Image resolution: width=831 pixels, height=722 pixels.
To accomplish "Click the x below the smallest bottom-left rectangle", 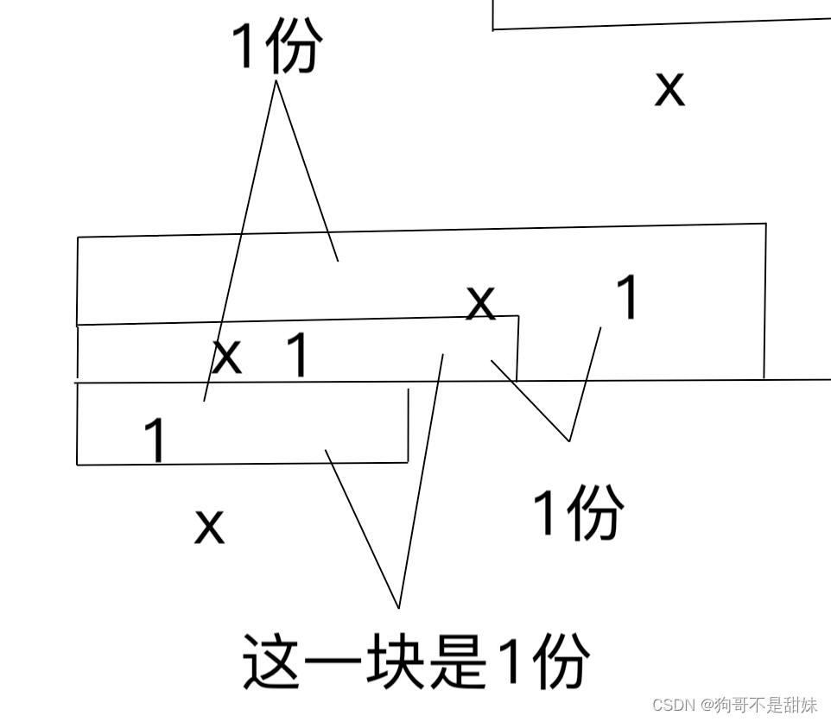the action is tap(209, 525).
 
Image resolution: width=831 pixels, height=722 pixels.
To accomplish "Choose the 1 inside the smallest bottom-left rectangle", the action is tap(155, 440).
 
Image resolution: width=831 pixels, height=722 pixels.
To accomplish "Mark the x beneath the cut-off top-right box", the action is tap(669, 88).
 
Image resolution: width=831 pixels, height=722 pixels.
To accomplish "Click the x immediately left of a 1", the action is tap(227, 356).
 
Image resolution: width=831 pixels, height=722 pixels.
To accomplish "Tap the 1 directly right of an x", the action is tap(296, 356).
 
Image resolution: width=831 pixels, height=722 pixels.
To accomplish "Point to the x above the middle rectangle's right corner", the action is tap(481, 302).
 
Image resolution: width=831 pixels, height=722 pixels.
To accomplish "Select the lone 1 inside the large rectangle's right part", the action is tap(629, 298).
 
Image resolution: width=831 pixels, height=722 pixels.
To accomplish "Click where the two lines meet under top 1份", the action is tap(276, 81).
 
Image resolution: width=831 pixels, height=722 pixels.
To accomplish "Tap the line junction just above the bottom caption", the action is tap(398, 607).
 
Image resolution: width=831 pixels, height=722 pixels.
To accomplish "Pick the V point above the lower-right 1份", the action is tap(569, 440).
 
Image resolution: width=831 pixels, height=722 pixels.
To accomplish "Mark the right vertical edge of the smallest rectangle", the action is tap(408, 425).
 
